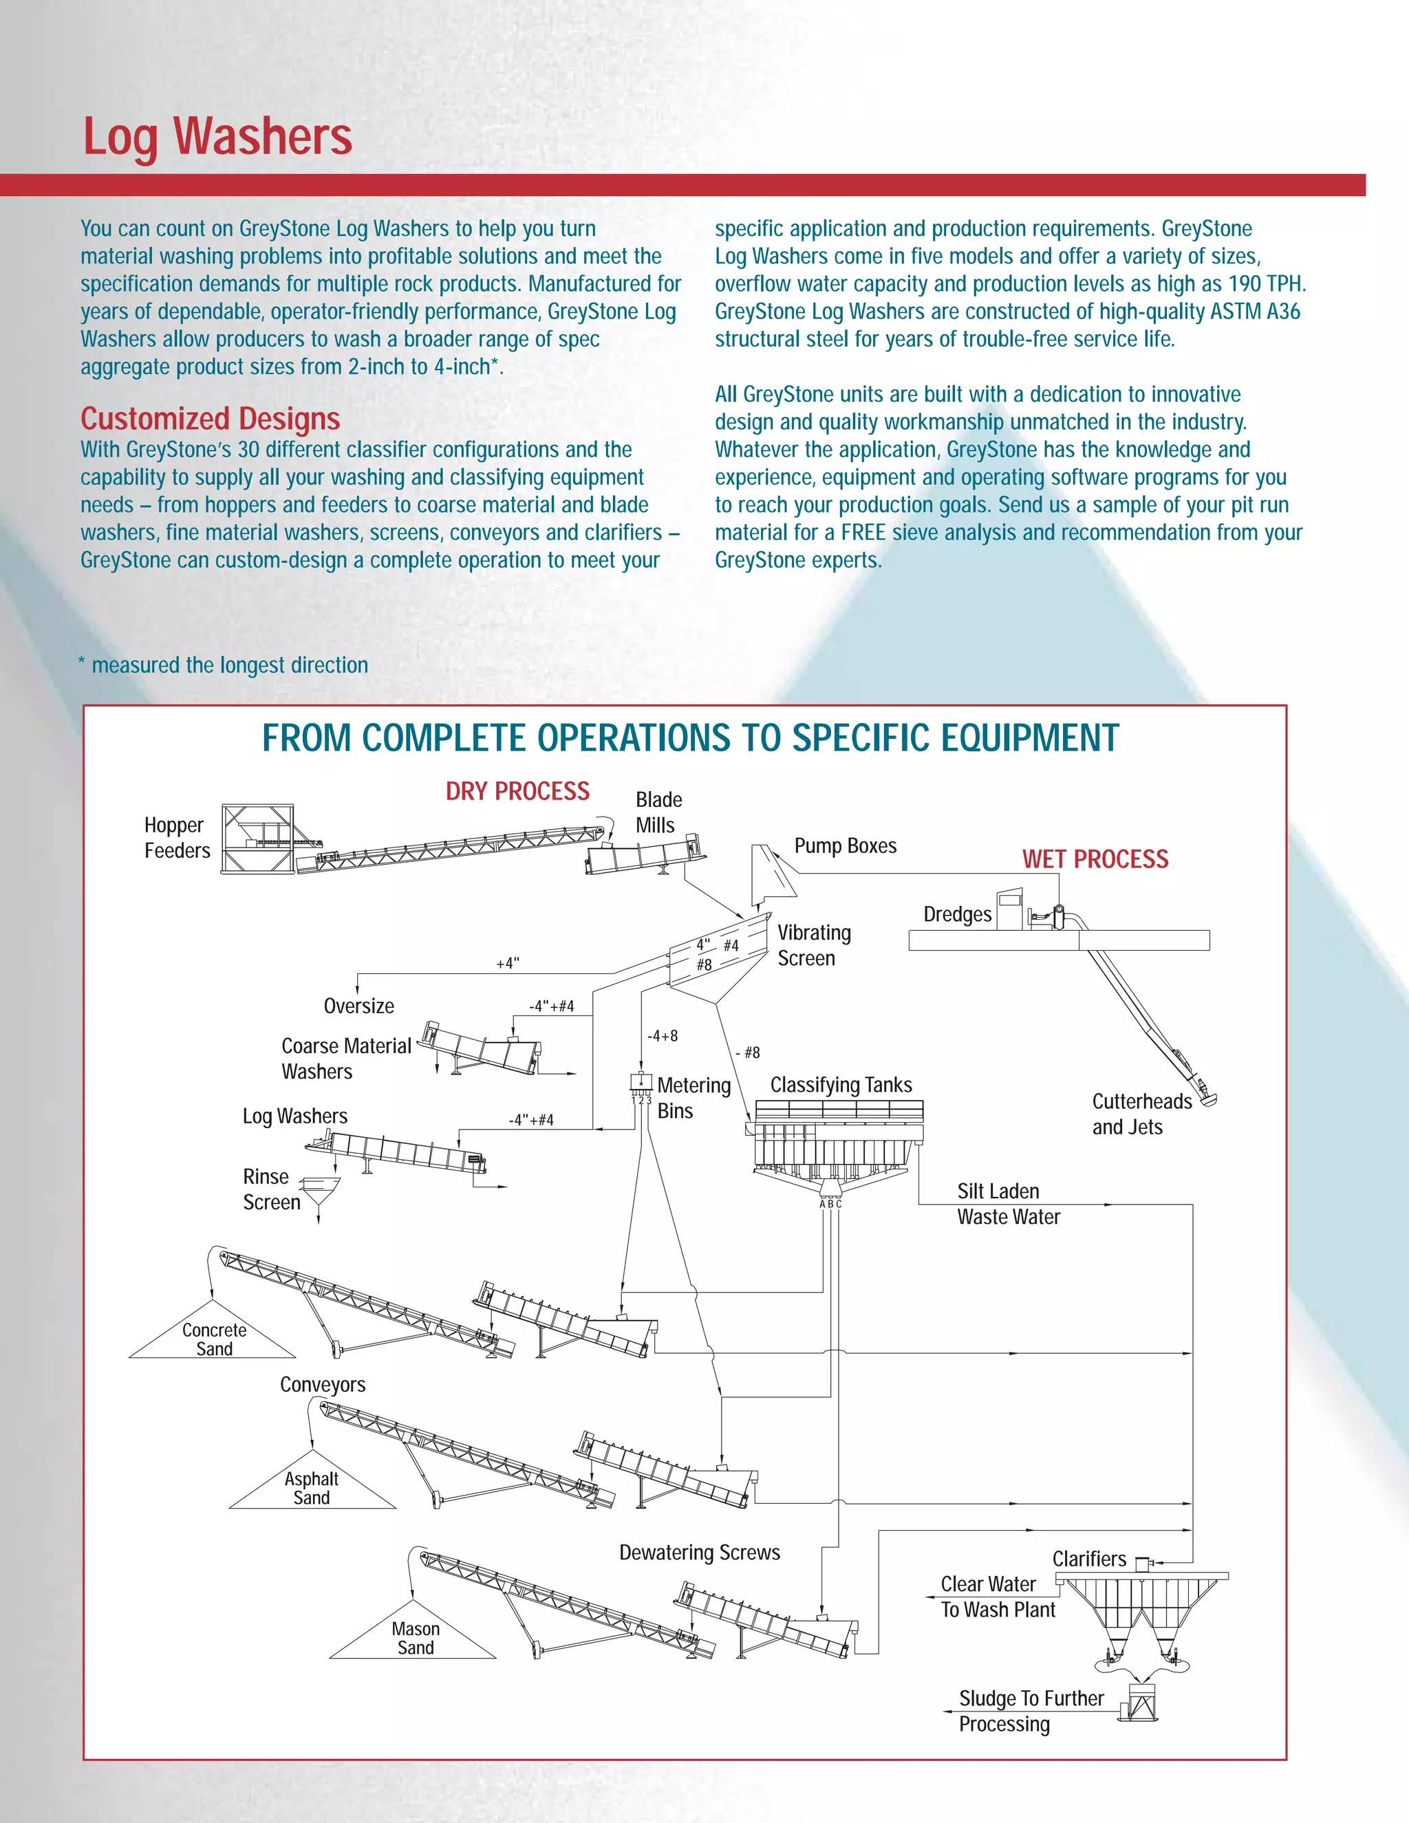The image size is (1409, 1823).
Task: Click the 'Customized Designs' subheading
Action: click(x=211, y=418)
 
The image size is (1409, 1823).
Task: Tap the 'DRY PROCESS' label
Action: click(x=517, y=791)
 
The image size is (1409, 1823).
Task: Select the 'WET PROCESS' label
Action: click(x=1095, y=859)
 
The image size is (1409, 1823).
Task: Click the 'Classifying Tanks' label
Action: click(x=841, y=1085)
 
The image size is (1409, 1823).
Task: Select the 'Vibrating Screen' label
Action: click(x=814, y=945)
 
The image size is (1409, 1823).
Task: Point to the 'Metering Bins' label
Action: click(x=693, y=1098)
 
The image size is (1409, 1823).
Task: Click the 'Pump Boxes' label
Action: click(x=845, y=845)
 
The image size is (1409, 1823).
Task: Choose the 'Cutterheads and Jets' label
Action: click(x=1141, y=1114)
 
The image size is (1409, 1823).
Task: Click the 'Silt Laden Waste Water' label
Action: click(x=1007, y=1204)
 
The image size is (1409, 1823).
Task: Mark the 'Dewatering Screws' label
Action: click(x=700, y=1553)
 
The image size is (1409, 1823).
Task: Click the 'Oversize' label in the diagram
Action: click(x=359, y=1006)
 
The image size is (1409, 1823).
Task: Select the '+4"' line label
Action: click(x=508, y=963)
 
